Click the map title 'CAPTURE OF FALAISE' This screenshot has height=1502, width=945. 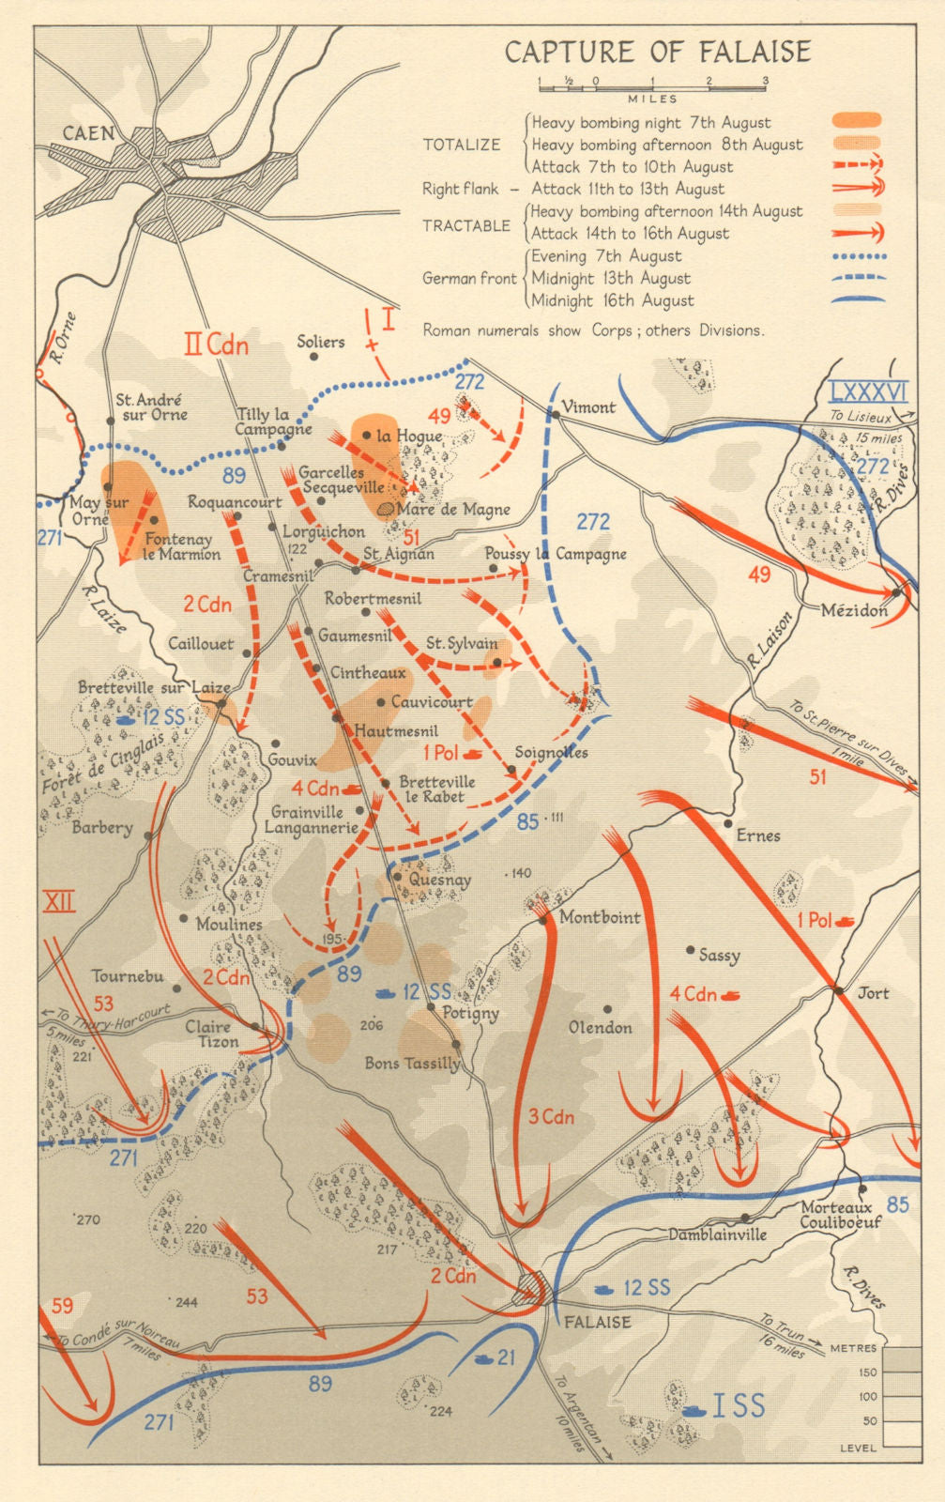tap(657, 52)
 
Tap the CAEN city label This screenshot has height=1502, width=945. tap(88, 133)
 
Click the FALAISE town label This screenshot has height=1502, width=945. tap(597, 1322)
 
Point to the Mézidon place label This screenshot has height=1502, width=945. tap(853, 610)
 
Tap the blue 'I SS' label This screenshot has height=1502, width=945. tap(738, 1405)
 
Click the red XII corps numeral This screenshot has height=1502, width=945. tap(59, 902)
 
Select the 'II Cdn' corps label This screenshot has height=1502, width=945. tap(216, 345)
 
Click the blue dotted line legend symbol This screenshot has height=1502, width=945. tap(858, 256)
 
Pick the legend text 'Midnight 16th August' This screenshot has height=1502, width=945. tap(613, 301)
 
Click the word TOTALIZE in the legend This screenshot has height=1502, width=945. tap(462, 145)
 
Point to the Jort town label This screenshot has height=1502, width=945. tap(873, 993)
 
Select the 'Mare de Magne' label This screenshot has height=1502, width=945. tap(453, 510)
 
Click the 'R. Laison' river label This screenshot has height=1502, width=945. tap(770, 639)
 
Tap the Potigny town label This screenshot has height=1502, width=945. tap(470, 1014)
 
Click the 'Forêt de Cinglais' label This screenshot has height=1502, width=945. tap(103, 763)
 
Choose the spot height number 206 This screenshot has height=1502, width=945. tap(372, 1025)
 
